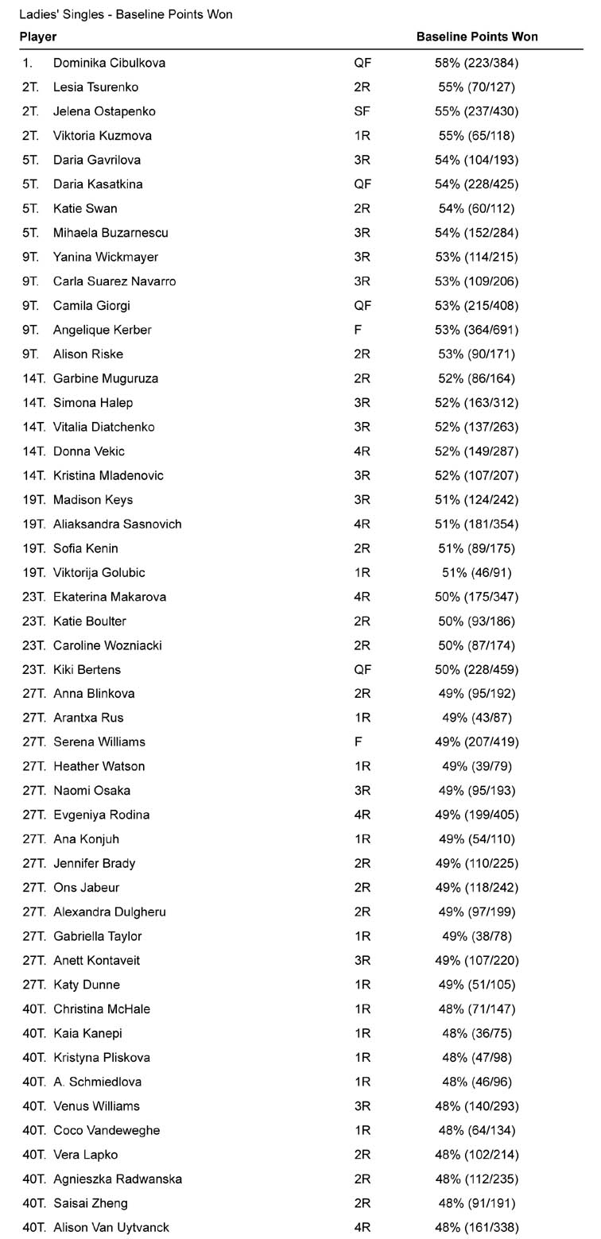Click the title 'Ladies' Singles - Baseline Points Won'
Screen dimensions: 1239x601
[126, 14]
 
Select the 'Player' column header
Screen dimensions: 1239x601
[38, 37]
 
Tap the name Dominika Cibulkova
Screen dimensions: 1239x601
[109, 63]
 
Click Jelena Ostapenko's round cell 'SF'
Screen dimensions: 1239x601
[362, 111]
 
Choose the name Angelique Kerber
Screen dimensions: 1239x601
[102, 330]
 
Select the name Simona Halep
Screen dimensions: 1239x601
[93, 403]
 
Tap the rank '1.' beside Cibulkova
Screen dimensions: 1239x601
[28, 63]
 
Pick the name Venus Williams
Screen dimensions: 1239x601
[96, 1106]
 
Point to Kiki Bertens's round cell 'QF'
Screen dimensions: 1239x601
[363, 670]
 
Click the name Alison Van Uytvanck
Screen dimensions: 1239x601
[111, 1228]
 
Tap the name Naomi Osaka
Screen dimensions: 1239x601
[91, 791]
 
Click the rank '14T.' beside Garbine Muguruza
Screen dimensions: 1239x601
[34, 378]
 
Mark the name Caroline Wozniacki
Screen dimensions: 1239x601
[107, 645]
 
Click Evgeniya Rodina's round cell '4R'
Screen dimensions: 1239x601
[363, 815]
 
